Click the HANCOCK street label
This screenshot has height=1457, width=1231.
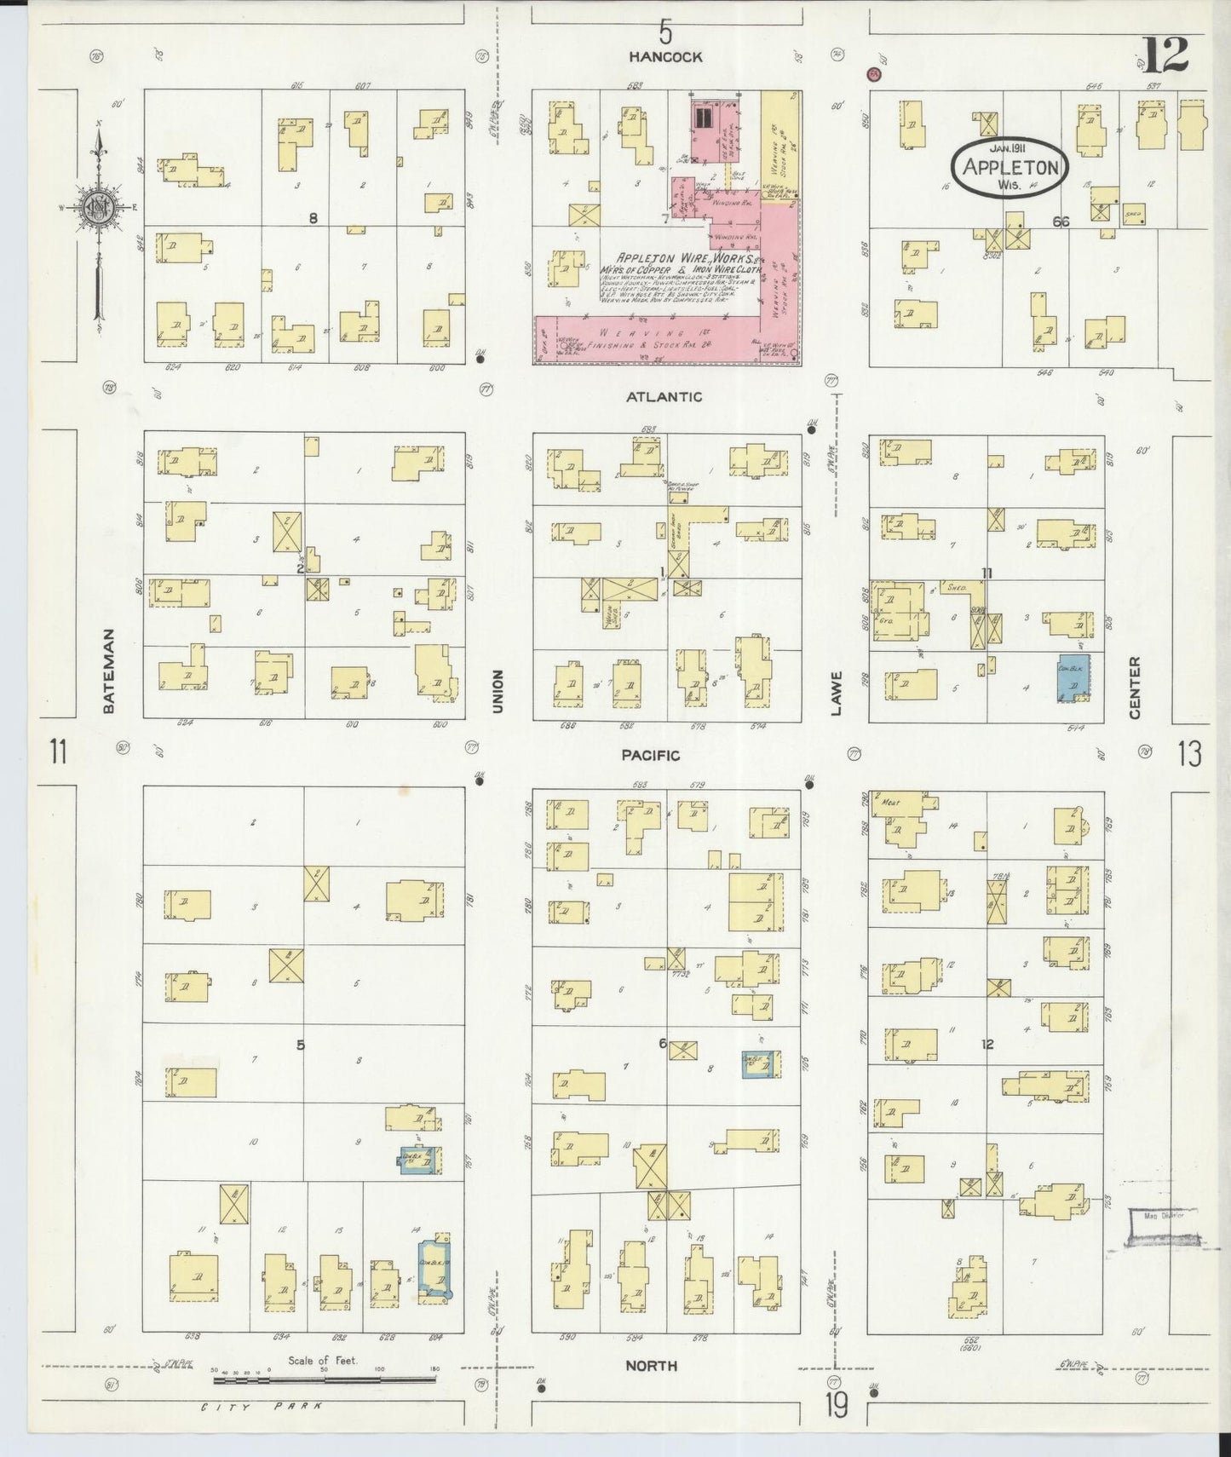tap(665, 57)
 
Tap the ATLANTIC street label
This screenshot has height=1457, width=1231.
tap(664, 396)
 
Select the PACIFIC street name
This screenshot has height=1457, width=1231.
tap(650, 755)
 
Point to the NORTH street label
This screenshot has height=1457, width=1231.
tap(652, 1366)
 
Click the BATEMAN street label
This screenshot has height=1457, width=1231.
tap(108, 671)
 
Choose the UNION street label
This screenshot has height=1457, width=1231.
tap(498, 691)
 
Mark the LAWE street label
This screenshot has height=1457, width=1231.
tap(837, 693)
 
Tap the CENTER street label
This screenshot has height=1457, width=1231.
tap(1134, 688)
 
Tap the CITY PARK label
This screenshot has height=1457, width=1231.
tap(261, 1407)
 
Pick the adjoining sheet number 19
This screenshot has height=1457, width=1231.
tap(836, 1407)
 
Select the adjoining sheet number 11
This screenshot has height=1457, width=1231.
tap(58, 753)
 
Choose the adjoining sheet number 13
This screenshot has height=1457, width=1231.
tap(1190, 754)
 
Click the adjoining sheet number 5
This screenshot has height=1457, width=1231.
tap(664, 32)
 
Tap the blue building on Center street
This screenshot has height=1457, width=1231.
tap(1074, 678)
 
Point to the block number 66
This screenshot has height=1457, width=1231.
tap(1060, 222)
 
